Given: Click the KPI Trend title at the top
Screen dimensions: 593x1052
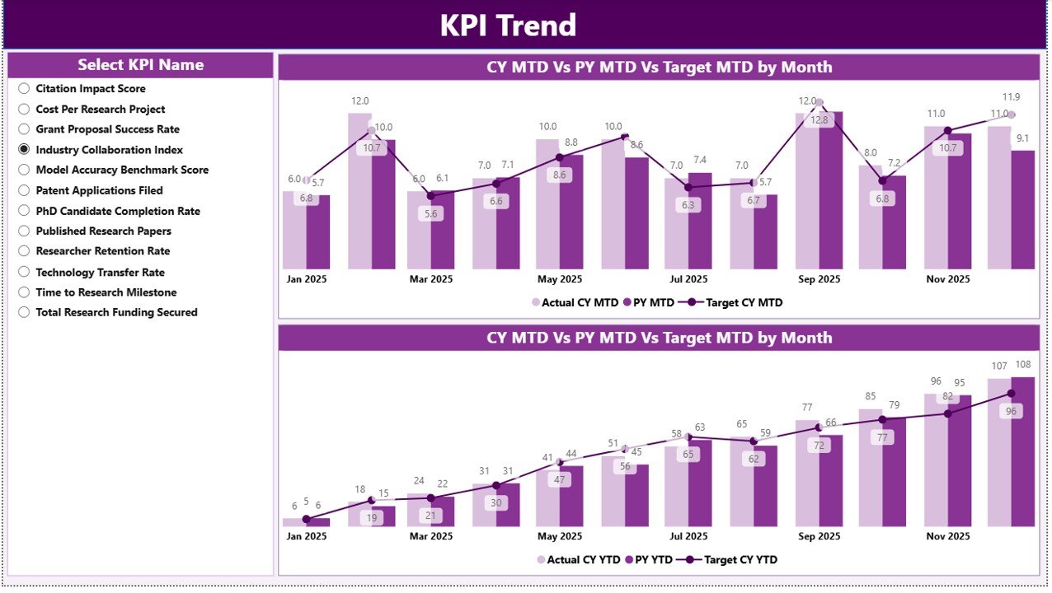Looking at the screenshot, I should [508, 26].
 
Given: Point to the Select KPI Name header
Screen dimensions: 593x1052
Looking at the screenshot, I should [140, 65].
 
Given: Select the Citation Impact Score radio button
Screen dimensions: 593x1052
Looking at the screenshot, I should [24, 88].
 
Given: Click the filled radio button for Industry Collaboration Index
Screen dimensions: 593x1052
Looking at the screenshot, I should [24, 149].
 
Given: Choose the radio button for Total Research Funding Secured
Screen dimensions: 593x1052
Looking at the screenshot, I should [24, 312].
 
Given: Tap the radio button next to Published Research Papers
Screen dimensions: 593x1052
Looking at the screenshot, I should [24, 231].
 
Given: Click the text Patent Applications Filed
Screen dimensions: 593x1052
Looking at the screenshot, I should [99, 190].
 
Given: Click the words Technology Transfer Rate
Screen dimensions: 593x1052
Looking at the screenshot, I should [100, 272].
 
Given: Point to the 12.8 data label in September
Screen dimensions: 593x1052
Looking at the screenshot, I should [820, 120].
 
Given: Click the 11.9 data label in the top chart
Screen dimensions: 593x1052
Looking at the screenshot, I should [1011, 97].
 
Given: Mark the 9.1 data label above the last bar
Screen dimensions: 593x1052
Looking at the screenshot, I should [1022, 138].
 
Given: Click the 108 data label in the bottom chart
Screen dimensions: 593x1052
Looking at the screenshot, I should [1022, 365].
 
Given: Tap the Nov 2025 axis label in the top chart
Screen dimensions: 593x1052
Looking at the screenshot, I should [947, 279].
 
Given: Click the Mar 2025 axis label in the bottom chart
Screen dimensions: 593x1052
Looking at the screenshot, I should [430, 536].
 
